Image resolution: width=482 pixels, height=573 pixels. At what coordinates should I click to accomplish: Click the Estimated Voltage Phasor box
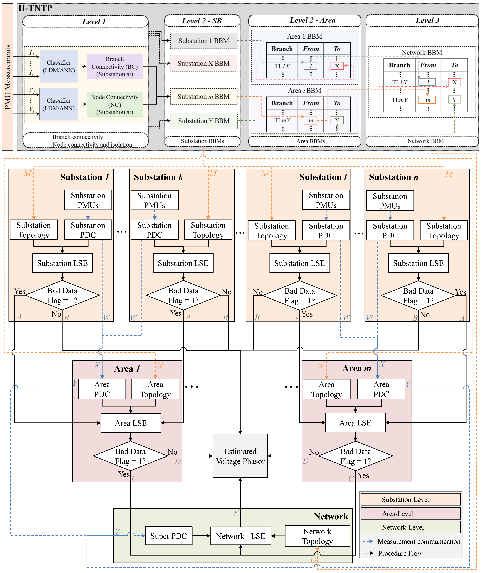tap(240, 456)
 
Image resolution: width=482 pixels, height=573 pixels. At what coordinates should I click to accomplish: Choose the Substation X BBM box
tap(204, 63)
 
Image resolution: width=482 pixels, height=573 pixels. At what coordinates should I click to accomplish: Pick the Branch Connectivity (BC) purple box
tap(115, 66)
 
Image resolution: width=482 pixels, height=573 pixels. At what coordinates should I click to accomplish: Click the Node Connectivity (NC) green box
tap(115, 104)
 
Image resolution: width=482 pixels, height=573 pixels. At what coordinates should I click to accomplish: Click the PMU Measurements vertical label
tap(8, 77)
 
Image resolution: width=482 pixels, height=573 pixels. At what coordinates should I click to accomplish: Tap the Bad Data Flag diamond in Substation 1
tap(62, 295)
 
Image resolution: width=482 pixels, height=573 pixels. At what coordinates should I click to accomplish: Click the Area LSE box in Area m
tap(355, 423)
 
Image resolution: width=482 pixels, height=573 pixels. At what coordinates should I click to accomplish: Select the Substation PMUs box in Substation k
tap(155, 200)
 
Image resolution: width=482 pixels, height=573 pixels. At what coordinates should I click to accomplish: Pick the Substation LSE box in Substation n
tap(418, 263)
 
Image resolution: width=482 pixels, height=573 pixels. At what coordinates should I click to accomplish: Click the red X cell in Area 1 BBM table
tap(337, 66)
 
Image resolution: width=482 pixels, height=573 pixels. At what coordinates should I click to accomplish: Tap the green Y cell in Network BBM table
tap(454, 100)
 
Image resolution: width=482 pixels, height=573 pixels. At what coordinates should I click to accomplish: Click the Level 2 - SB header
tap(202, 21)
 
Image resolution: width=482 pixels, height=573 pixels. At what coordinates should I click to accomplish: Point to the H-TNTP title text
tap(35, 8)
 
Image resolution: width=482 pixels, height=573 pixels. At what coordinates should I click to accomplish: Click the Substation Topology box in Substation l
tap(272, 230)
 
